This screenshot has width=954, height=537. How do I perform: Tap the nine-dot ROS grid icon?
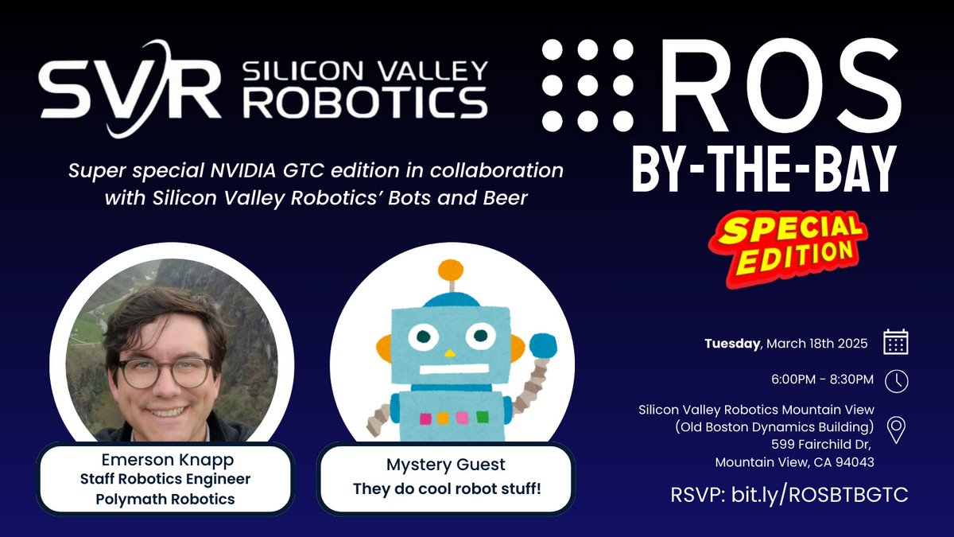pyautogui.click(x=588, y=85)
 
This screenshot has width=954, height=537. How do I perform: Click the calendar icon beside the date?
pyautogui.click(x=896, y=343)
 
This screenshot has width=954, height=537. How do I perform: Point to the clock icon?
pyautogui.click(x=896, y=380)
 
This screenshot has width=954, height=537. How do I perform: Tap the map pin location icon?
pyautogui.click(x=896, y=430)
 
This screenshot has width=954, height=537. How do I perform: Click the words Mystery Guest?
pyautogui.click(x=446, y=464)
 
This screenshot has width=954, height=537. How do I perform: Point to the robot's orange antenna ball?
pyautogui.click(x=451, y=270)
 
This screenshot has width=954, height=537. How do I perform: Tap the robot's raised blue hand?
pyautogui.click(x=544, y=346)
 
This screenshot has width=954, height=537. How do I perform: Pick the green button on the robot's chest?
pyautogui.click(x=483, y=417)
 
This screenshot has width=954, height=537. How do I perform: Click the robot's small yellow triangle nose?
pyautogui.click(x=451, y=352)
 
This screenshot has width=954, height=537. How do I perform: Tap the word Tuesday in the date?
pyautogui.click(x=732, y=344)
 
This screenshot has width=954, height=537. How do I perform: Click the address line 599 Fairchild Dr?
pyautogui.click(x=827, y=444)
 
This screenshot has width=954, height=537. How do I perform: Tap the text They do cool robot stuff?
pyautogui.click(x=446, y=486)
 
